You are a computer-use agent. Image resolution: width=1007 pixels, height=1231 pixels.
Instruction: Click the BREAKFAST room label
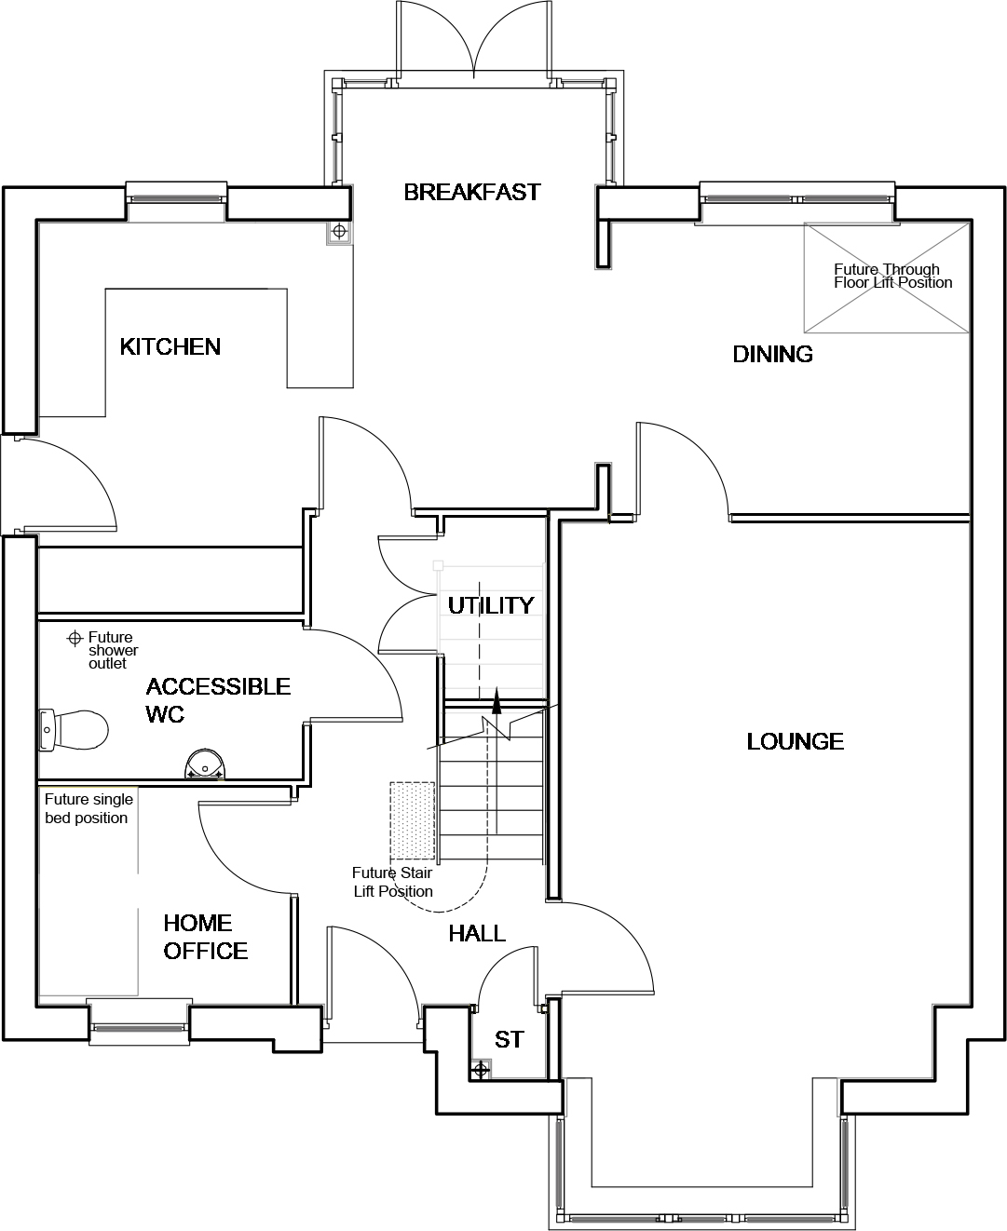pos(472,192)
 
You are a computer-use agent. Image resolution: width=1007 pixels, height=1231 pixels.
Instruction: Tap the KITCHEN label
pos(170,346)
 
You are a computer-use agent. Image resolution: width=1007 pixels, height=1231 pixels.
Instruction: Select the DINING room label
pos(772,354)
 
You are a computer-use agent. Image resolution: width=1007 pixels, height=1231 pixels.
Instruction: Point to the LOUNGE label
pos(795,741)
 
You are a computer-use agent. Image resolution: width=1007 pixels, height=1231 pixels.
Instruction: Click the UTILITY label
pos(491,605)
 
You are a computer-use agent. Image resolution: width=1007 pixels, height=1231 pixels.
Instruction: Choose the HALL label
pos(477,933)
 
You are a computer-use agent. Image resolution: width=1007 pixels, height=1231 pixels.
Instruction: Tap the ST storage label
pos(509,1039)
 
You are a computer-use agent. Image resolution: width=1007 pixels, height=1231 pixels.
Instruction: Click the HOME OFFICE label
pos(205,937)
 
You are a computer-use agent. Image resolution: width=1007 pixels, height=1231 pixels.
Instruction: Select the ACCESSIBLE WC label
pos(218,700)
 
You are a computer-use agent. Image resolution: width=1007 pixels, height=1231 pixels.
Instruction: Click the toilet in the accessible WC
pos(74,730)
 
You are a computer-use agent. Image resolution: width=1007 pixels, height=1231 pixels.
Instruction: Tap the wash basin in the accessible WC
pos(204,764)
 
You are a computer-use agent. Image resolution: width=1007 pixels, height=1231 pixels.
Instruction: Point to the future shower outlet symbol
pos(75,639)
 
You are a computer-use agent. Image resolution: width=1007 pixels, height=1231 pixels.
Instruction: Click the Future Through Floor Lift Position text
pos(892,276)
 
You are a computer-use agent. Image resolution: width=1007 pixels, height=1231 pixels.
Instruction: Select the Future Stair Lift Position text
pos(392,882)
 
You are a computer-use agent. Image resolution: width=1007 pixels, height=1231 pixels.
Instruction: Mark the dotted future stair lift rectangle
pos(413,820)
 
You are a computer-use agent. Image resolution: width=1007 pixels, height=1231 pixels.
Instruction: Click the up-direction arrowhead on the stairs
pos(497,701)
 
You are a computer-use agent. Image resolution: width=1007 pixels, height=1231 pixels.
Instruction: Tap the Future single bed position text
pos(88,808)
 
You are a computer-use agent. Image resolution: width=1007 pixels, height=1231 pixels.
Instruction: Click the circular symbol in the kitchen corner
pos(339,232)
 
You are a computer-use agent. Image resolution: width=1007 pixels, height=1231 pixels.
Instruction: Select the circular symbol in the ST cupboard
pos(480,1070)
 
